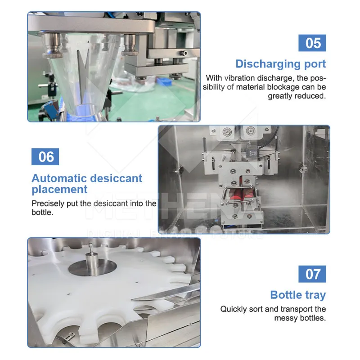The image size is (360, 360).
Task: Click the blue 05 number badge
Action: [x=312, y=43]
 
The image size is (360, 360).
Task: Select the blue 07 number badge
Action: [x=312, y=274]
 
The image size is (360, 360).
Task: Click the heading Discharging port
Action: [x=280, y=63]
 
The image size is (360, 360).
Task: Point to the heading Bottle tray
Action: [x=298, y=295]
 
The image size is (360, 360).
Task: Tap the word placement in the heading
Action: [x=59, y=189]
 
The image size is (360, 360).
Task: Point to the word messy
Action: [x=287, y=318]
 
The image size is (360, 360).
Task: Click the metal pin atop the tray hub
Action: [x=90, y=251]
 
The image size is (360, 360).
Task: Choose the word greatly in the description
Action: [x=283, y=96]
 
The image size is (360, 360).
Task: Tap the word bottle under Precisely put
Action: [x=42, y=212]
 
